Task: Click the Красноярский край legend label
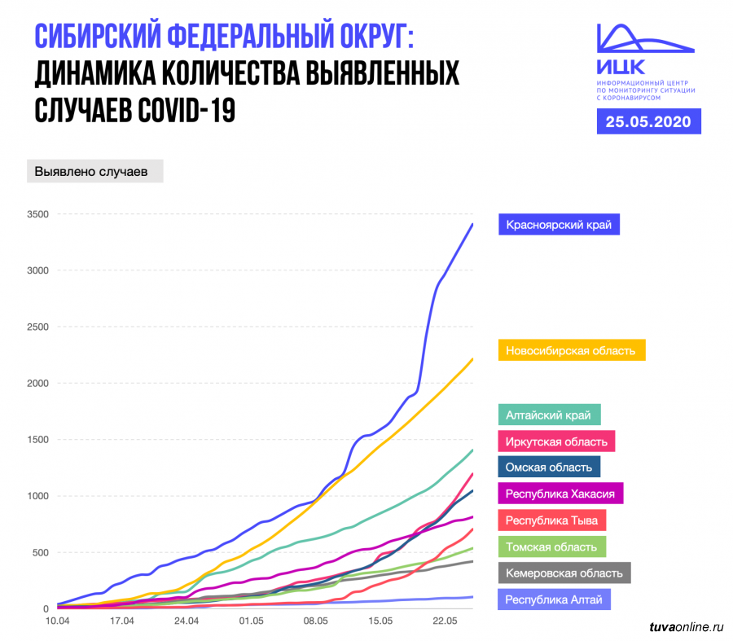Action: (559, 224)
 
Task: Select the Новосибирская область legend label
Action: (570, 350)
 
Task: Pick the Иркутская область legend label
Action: (556, 441)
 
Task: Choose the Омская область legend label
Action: (549, 467)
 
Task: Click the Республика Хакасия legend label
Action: (560, 494)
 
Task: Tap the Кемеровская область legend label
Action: (564, 573)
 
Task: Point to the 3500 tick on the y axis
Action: (37, 214)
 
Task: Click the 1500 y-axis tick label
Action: (37, 440)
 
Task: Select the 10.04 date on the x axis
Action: (58, 621)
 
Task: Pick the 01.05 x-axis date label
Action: (251, 621)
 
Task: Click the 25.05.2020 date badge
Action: (648, 122)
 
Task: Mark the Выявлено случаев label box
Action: (94, 173)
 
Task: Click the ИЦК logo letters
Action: (621, 65)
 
